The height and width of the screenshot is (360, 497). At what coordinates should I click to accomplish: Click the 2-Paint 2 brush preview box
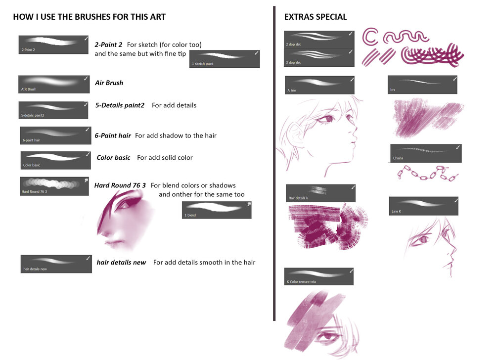53,45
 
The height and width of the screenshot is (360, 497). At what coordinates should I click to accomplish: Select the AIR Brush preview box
54,84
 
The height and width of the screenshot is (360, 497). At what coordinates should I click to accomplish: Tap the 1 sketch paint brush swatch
225,59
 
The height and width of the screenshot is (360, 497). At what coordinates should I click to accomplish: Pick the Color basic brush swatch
56,160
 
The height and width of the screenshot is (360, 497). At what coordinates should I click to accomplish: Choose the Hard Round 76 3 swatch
54,186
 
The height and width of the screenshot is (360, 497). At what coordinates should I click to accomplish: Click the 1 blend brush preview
217,210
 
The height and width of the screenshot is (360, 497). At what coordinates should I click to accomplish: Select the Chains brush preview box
426,153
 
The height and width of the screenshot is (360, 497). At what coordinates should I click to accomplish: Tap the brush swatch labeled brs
422,85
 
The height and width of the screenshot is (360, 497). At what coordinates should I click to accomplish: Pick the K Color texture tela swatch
319,276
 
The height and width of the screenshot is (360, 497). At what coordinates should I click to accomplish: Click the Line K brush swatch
423,206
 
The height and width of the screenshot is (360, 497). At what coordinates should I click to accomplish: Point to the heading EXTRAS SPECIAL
316,17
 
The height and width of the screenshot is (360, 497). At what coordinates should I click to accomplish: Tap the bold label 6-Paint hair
113,135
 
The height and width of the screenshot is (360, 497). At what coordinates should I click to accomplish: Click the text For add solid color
165,157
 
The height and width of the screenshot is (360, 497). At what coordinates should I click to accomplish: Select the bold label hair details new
121,263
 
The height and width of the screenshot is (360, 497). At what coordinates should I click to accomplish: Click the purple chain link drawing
428,173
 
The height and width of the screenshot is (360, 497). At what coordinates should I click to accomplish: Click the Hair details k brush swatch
321,193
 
